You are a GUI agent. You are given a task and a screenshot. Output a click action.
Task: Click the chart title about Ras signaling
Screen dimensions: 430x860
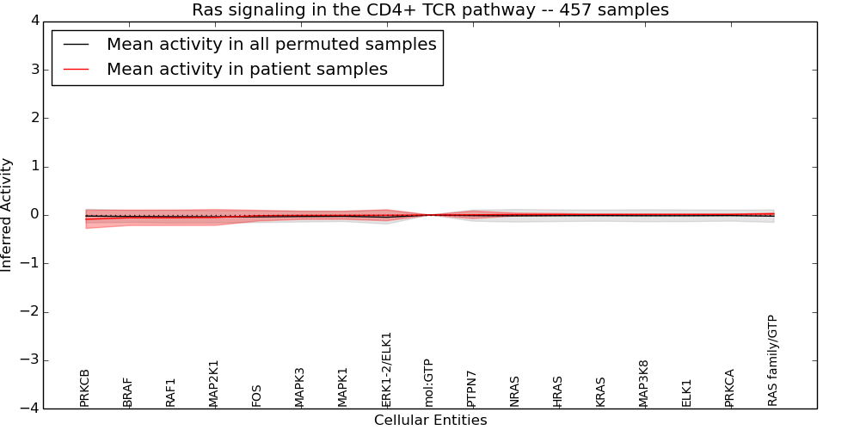pyautogui.click(x=430, y=10)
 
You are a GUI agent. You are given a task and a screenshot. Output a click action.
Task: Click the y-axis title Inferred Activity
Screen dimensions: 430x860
pyautogui.click(x=7, y=215)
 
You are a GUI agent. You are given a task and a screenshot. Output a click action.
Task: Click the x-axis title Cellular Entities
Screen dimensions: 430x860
pyautogui.click(x=430, y=421)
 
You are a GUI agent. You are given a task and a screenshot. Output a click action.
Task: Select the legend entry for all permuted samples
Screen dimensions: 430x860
pyautogui.click(x=271, y=45)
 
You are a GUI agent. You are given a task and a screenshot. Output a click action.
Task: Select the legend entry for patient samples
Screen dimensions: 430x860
pyautogui.click(x=247, y=70)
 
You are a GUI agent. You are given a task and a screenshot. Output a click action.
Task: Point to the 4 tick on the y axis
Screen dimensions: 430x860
pyautogui.click(x=34, y=21)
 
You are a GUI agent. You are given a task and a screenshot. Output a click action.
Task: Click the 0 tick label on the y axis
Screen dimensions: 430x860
pyautogui.click(x=34, y=215)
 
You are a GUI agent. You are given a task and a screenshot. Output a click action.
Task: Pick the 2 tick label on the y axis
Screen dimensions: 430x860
pyautogui.click(x=34, y=118)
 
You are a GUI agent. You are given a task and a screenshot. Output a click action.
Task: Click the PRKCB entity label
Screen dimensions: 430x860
pyautogui.click(x=84, y=388)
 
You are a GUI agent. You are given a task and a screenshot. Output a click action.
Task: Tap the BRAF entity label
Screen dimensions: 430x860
pyautogui.click(x=127, y=392)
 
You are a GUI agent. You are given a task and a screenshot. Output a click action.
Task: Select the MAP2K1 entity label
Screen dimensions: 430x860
pyautogui.click(x=213, y=384)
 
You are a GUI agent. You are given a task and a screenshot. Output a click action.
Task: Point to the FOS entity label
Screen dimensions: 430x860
pyautogui.click(x=256, y=396)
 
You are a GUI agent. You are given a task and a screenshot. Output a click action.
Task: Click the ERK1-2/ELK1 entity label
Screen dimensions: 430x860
pyautogui.click(x=386, y=370)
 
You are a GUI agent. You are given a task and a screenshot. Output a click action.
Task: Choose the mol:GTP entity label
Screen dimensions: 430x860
pyautogui.click(x=428, y=383)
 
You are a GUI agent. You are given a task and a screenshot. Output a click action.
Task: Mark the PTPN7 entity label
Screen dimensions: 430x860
pyautogui.click(x=471, y=389)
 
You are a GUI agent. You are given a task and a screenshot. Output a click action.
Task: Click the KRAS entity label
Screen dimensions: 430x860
pyautogui.click(x=600, y=391)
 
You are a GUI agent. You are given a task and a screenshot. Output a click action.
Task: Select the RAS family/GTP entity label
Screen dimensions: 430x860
pyautogui.click(x=772, y=360)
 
